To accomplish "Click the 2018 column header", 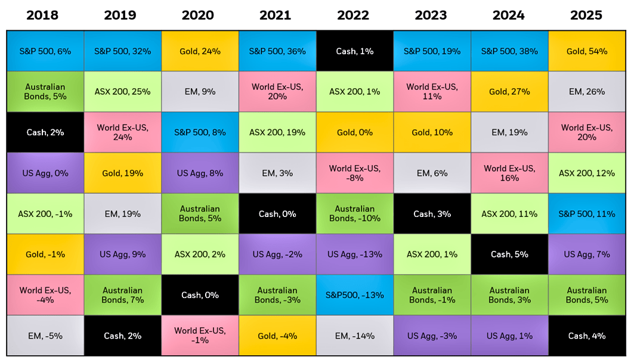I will coord(42,15).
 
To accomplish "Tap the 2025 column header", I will coord(586,15).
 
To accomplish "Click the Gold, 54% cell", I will coord(587,51).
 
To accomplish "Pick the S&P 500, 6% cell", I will coord(45,51).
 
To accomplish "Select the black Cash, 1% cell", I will coord(354,51).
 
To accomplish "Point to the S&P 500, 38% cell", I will coord(509,51).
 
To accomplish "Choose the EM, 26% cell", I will coord(587,92).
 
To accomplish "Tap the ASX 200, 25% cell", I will coord(122,92).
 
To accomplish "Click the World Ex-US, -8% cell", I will coord(354,173).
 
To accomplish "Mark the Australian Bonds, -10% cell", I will coord(354,213).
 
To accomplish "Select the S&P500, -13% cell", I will coord(354,295).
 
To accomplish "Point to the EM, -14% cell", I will coord(354,336).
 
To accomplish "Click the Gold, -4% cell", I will coord(277,336).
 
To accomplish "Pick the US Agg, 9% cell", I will coord(122,255).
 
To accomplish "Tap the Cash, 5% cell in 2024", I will coord(509,255).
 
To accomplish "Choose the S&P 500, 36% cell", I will coord(277,51).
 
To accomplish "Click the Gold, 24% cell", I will coord(200,51).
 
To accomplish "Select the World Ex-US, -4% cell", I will coord(45,295).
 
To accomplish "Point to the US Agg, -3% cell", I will coord(432,336).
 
